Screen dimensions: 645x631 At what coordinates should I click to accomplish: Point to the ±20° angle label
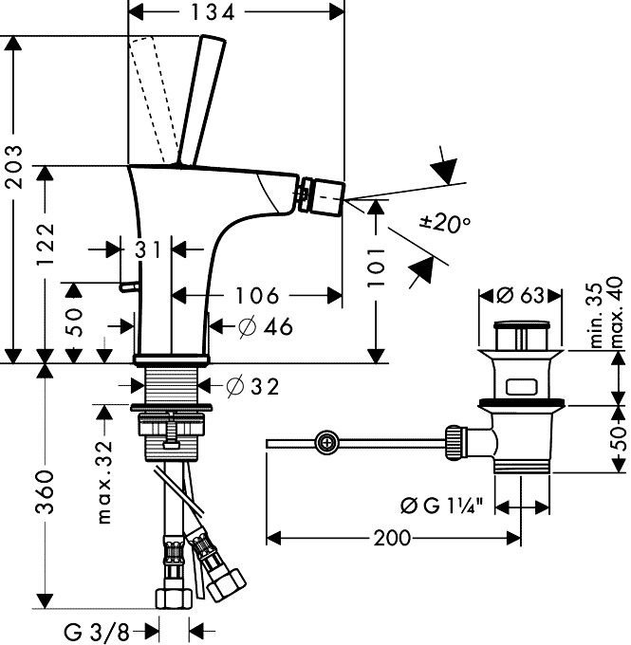[445, 224]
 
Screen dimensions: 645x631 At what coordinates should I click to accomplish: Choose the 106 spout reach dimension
[255, 294]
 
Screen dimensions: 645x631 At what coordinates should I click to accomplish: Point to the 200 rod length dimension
[392, 538]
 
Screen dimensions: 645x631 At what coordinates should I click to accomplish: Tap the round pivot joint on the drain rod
[327, 441]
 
